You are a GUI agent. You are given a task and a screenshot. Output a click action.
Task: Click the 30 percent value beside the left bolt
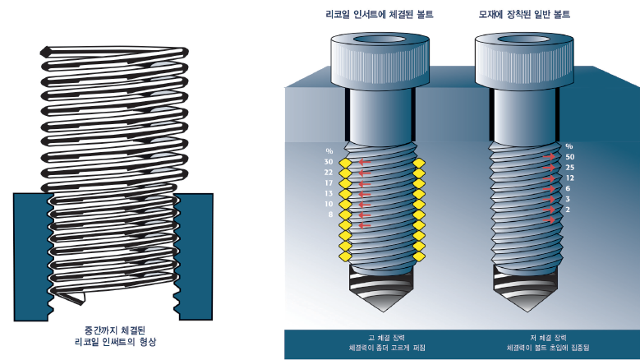coord(328,162)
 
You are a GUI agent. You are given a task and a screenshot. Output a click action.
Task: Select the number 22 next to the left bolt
coord(328,173)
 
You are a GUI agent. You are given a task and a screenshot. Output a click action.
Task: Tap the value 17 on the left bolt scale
coord(328,182)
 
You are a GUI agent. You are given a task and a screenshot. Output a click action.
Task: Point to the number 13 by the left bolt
coord(328,193)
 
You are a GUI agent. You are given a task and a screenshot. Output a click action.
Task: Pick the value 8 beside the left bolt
coord(329,214)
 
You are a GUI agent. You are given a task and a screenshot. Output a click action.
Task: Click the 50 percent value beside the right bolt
coord(570,156)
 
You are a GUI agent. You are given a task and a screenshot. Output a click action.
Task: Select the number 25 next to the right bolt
coord(570,167)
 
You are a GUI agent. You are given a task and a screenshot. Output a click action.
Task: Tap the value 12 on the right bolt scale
coord(570,178)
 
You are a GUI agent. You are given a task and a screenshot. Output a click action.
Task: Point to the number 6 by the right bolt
coord(569,188)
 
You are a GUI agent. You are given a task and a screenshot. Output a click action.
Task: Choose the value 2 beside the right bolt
coord(569,209)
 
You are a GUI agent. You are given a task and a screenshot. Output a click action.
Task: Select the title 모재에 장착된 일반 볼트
coord(524,15)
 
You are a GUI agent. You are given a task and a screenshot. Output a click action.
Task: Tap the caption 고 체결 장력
coord(376,337)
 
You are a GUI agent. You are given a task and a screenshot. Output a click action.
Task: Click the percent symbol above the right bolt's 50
coord(569,146)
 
